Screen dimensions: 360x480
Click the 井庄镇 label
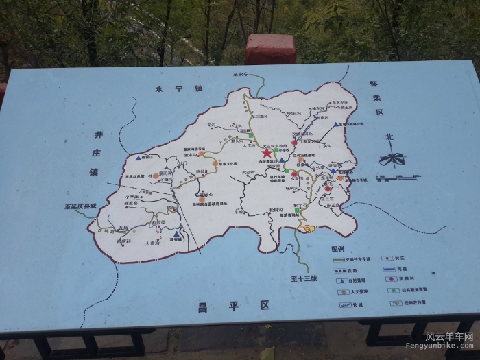click(97, 154)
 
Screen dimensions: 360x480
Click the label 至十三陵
click(303, 278)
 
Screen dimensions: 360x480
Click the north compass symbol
click(392, 160)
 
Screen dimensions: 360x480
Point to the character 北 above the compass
click(389, 136)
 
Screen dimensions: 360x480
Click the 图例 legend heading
click(337, 249)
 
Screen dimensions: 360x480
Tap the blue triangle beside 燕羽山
click(139, 158)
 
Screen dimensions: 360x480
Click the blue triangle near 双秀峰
click(176, 234)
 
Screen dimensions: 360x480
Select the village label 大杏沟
click(152, 243)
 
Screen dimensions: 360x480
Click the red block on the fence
click(270, 49)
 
